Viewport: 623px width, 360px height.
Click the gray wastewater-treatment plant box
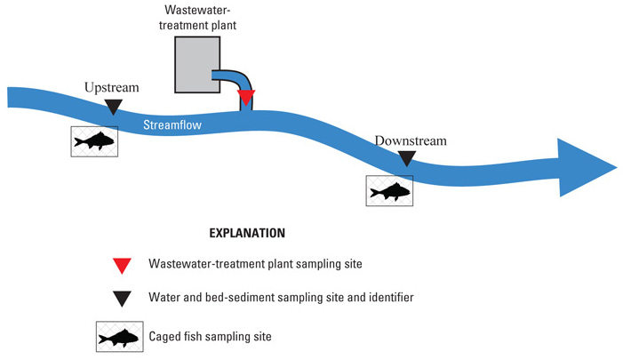pyautogui.click(x=197, y=65)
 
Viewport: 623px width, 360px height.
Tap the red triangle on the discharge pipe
pyautogui.click(x=246, y=97)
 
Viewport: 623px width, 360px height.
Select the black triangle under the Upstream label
pyautogui.click(x=113, y=107)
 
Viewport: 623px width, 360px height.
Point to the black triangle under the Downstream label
pyautogui.click(x=407, y=158)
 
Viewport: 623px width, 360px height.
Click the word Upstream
pyautogui.click(x=112, y=87)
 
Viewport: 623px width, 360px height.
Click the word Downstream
pyautogui.click(x=411, y=140)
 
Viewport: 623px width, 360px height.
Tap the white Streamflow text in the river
pyautogui.click(x=172, y=124)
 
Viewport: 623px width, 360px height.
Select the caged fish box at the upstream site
pyautogui.click(x=94, y=141)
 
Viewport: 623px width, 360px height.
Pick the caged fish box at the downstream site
pyautogui.click(x=389, y=191)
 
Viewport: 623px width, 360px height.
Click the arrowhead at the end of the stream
pyautogui.click(x=584, y=167)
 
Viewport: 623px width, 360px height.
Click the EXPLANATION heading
pyautogui.click(x=247, y=233)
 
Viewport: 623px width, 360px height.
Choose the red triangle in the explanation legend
pyautogui.click(x=122, y=266)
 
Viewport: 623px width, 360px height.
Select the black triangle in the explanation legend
pyautogui.click(x=122, y=299)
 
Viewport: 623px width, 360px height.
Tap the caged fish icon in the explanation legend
pyautogui.click(x=120, y=337)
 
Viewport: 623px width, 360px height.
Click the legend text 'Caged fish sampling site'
pyautogui.click(x=210, y=337)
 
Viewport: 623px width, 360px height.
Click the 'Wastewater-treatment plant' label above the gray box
pyautogui.click(x=197, y=17)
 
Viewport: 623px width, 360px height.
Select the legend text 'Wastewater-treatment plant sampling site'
pyautogui.click(x=255, y=264)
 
